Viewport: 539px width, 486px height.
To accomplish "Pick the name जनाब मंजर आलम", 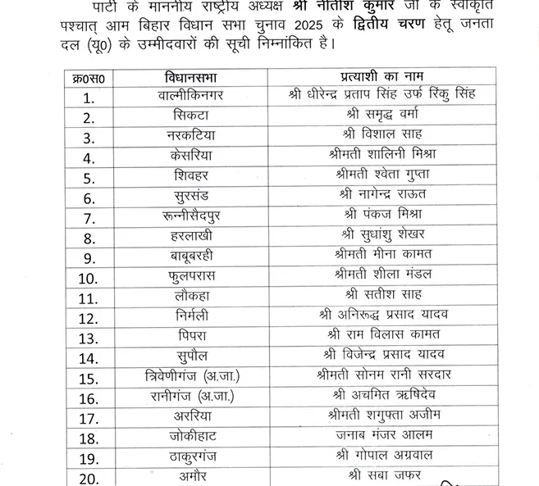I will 385,435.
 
